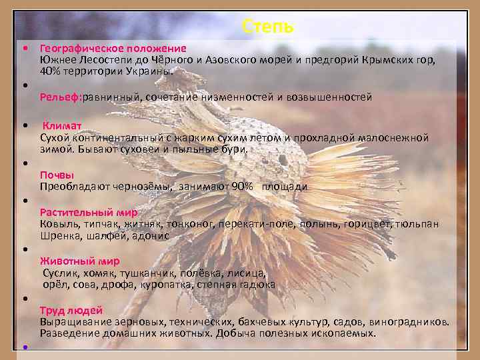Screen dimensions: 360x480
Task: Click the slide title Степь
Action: (x=267, y=27)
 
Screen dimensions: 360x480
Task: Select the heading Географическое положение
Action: (x=113, y=49)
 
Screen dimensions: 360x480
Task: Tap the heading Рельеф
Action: (x=59, y=97)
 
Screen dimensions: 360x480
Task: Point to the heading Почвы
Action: (x=57, y=175)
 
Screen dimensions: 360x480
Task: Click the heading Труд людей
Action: (x=71, y=311)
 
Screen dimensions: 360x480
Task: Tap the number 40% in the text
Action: (x=51, y=71)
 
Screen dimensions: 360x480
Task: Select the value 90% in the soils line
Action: (x=242, y=187)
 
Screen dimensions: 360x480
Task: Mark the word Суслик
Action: (x=61, y=273)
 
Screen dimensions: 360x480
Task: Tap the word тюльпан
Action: (x=418, y=224)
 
